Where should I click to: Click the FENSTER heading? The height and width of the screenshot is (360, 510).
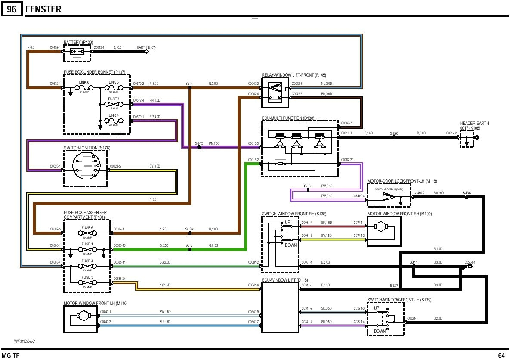click(x=43, y=9)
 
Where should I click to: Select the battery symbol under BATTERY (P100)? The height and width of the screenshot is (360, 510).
click(x=77, y=51)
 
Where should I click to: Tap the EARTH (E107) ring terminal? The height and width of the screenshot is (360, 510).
click(x=146, y=51)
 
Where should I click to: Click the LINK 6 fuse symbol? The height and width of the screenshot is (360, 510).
click(x=84, y=87)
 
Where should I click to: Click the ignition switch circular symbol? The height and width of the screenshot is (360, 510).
click(x=85, y=166)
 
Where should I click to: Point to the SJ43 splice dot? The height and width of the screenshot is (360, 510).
click(x=199, y=147)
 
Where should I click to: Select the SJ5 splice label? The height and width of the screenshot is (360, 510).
click(x=189, y=84)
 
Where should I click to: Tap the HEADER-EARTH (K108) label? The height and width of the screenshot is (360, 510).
click(x=474, y=126)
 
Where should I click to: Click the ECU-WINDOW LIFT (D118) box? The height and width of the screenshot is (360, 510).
click(x=280, y=307)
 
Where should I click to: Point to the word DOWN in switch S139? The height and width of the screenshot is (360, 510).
click(x=380, y=332)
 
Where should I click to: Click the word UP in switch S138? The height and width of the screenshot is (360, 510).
click(x=287, y=223)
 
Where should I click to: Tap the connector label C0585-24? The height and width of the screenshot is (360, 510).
click(x=120, y=279)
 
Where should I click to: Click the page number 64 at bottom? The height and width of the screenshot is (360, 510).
click(x=501, y=356)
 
